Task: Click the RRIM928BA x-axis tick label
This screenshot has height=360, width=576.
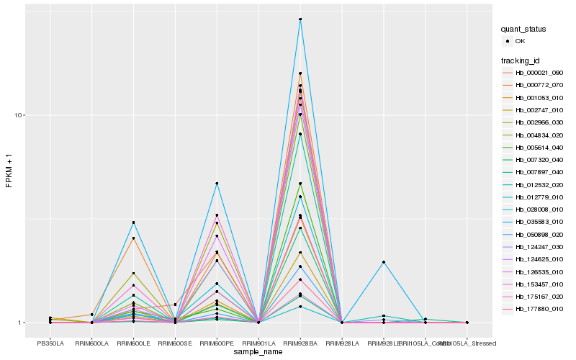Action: [300, 343]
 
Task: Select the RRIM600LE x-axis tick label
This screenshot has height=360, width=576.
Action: [133, 343]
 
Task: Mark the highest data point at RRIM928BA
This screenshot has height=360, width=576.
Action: [300, 19]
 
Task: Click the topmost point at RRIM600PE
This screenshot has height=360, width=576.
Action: [217, 184]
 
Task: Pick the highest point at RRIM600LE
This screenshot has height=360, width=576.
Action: [133, 222]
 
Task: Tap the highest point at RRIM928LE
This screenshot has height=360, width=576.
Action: [384, 262]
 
